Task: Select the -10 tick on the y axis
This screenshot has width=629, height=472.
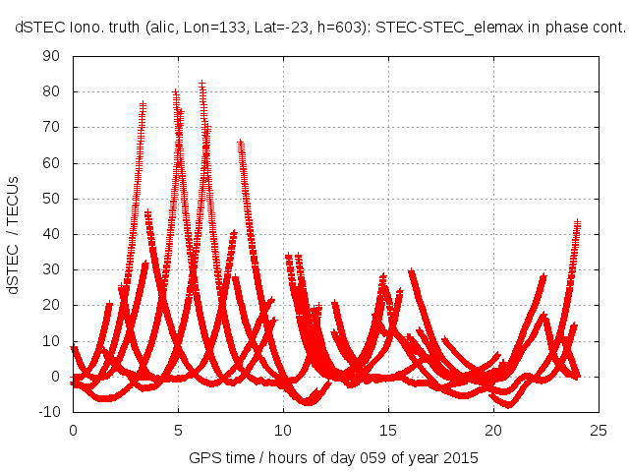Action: pos(49,412)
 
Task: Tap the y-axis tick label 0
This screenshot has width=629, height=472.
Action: pos(57,377)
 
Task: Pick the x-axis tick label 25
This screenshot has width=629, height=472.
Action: pos(599,431)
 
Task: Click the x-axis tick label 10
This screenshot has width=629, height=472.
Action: pos(283,431)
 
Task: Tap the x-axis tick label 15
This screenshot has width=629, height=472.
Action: pos(388,431)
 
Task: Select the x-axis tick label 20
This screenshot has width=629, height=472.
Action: pos(493,431)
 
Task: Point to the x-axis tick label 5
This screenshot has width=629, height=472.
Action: pos(178,431)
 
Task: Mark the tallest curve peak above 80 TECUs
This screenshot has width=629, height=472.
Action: pos(201,84)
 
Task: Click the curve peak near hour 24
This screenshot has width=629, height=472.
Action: pos(577,222)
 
